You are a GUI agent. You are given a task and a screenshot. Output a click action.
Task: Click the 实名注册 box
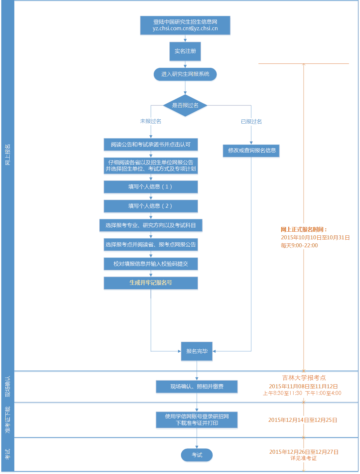(185, 51)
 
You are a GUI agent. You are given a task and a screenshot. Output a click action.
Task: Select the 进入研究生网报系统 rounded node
(185, 74)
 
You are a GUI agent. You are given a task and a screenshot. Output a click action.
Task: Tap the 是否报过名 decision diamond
(185, 105)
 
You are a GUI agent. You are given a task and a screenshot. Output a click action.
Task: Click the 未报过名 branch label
(150, 121)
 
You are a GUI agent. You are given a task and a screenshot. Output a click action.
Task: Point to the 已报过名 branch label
(251, 122)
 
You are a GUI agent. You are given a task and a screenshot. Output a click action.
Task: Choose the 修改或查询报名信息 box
(251, 151)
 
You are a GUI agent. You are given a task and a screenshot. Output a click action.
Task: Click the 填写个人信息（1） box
(151, 187)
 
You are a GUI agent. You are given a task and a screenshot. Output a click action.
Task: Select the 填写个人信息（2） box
(151, 206)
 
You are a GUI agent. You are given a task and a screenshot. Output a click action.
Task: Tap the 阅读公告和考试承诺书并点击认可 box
(151, 145)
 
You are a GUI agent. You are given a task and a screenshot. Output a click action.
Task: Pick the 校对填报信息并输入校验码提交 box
(151, 264)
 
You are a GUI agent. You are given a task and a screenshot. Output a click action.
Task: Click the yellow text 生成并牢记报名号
(151, 283)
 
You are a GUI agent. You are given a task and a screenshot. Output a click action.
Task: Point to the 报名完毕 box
(197, 351)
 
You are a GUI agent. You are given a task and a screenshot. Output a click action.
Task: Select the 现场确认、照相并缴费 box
(197, 387)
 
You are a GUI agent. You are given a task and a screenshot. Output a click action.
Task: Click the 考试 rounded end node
(197, 455)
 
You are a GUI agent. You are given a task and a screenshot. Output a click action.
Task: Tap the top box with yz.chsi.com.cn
(185, 25)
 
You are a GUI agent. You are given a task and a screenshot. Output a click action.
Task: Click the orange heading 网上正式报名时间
(304, 229)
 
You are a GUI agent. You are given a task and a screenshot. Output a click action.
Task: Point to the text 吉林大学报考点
(304, 378)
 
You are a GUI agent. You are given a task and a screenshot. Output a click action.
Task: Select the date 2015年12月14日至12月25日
(303, 420)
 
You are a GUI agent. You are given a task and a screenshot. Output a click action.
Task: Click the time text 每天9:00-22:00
(299, 246)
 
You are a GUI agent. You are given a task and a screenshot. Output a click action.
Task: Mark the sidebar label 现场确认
(8, 387)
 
